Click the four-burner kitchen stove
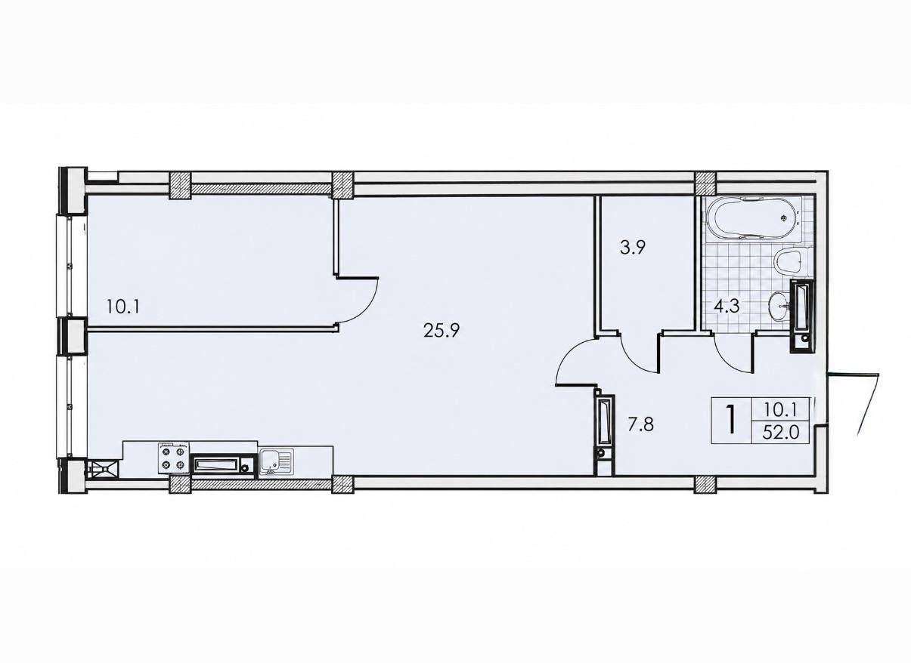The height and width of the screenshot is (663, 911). pyautogui.click(x=174, y=458)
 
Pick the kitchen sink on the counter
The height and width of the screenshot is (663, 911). pyautogui.click(x=276, y=461)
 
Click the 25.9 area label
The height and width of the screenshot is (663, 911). pyautogui.click(x=442, y=331)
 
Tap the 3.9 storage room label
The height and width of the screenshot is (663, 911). pyautogui.click(x=634, y=247)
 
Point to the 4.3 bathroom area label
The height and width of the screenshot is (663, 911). pyautogui.click(x=727, y=306)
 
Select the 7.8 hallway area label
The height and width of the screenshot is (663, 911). pyautogui.click(x=640, y=425)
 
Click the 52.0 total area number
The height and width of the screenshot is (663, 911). pyautogui.click(x=781, y=433)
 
